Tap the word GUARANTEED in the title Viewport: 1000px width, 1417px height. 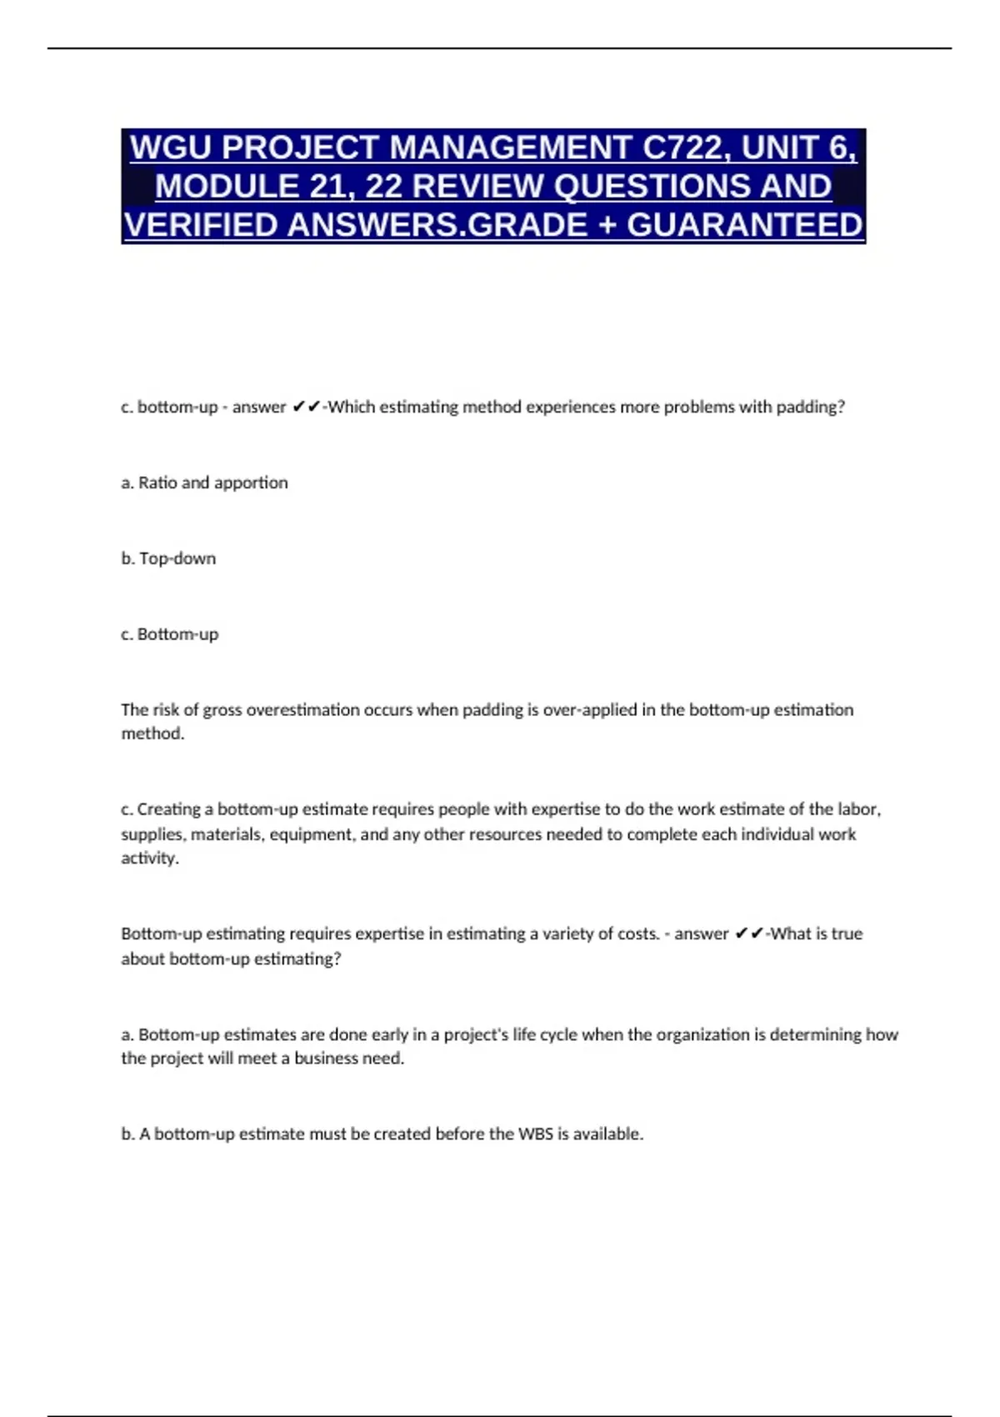click(x=745, y=225)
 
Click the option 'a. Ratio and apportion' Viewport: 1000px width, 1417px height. click(x=204, y=483)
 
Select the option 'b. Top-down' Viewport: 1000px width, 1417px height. click(x=168, y=558)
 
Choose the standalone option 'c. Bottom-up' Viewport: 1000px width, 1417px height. click(x=169, y=634)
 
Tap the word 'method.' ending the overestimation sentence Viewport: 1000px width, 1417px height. click(x=152, y=734)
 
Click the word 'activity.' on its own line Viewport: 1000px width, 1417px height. click(x=150, y=859)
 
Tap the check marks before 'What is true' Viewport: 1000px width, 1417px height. click(x=749, y=934)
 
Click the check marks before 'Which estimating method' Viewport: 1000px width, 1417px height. click(x=307, y=407)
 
